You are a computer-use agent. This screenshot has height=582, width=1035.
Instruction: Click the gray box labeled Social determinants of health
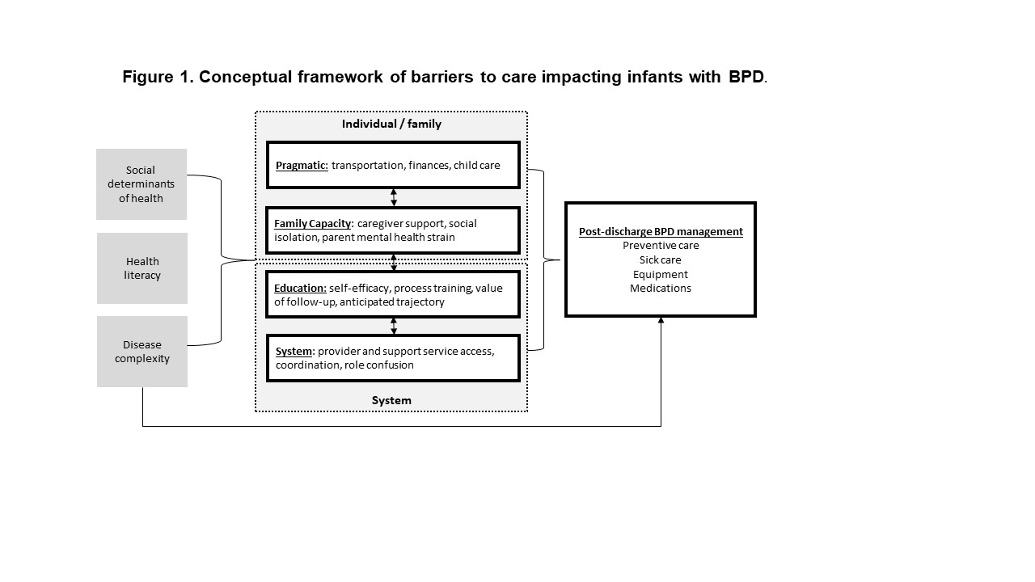click(x=142, y=183)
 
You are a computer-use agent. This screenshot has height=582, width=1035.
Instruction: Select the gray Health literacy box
click(x=142, y=268)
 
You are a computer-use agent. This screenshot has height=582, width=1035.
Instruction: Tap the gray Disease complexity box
click(x=142, y=352)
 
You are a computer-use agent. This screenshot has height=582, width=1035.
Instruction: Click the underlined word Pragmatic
click(x=302, y=166)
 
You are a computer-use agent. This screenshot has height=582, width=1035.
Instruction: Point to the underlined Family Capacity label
click(x=312, y=224)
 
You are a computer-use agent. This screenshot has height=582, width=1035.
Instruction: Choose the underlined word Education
click(x=300, y=289)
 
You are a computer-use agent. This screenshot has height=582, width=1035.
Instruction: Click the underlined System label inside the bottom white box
click(x=294, y=352)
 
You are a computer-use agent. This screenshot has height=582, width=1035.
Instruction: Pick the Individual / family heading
click(x=391, y=124)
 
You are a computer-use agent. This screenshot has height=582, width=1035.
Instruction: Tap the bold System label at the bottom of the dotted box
click(x=391, y=400)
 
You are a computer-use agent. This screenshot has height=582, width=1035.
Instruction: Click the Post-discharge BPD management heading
click(x=661, y=231)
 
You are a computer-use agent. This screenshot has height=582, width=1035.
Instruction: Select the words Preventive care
click(x=661, y=245)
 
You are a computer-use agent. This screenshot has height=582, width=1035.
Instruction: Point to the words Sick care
click(x=661, y=259)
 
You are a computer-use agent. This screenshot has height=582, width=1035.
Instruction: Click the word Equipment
click(x=661, y=274)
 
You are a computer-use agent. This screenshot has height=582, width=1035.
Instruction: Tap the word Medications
click(x=661, y=289)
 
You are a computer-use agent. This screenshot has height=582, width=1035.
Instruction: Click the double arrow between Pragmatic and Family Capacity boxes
click(x=394, y=197)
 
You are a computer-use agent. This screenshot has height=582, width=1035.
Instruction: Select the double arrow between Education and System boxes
click(x=394, y=326)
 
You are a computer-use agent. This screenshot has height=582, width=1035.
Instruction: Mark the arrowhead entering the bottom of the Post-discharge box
click(x=661, y=320)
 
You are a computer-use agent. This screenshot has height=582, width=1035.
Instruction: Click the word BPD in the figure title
click(x=746, y=77)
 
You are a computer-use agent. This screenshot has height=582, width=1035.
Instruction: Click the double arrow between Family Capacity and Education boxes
click(x=394, y=262)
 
